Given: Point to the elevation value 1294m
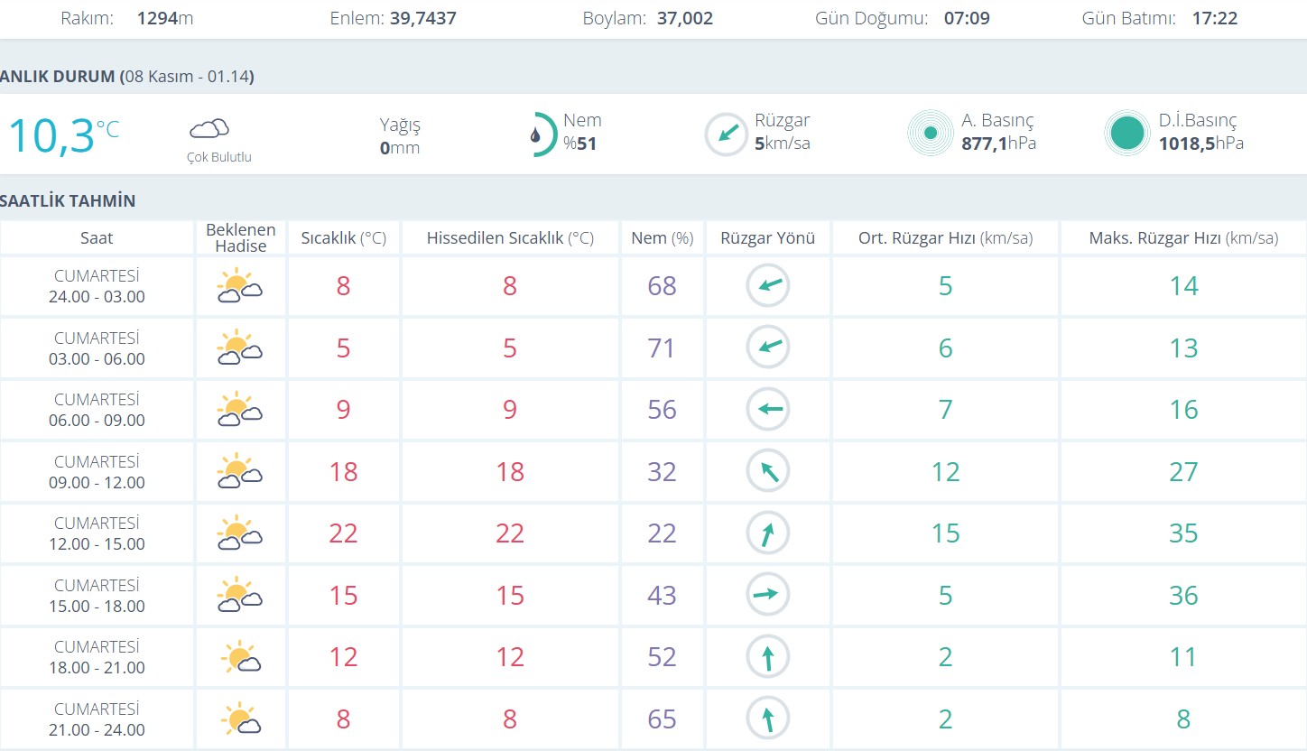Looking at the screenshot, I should click(165, 18).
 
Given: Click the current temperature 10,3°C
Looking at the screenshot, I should click(63, 135).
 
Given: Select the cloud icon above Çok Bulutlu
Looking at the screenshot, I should click(209, 129).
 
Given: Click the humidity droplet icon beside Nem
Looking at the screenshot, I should click(537, 135).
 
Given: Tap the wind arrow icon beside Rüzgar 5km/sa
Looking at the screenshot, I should click(727, 134).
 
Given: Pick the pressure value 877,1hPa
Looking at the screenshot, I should click(998, 144).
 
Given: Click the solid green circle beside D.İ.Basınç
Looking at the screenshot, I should click(1126, 134).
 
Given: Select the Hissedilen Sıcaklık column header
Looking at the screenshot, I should click(510, 238).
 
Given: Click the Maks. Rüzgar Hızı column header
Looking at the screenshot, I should click(1183, 238).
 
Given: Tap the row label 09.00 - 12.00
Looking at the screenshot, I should click(97, 482).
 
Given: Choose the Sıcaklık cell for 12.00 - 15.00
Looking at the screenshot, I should click(343, 533).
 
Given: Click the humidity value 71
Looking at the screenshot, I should click(662, 348).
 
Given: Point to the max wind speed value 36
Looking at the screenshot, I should click(1183, 596).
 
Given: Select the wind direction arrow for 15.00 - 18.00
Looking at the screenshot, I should click(767, 595).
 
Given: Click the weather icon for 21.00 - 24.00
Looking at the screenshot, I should click(240, 719).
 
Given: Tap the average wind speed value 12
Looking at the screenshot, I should click(945, 472).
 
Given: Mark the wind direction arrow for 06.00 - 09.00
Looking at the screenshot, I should click(767, 410).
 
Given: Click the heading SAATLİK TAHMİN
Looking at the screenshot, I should click(68, 201).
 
